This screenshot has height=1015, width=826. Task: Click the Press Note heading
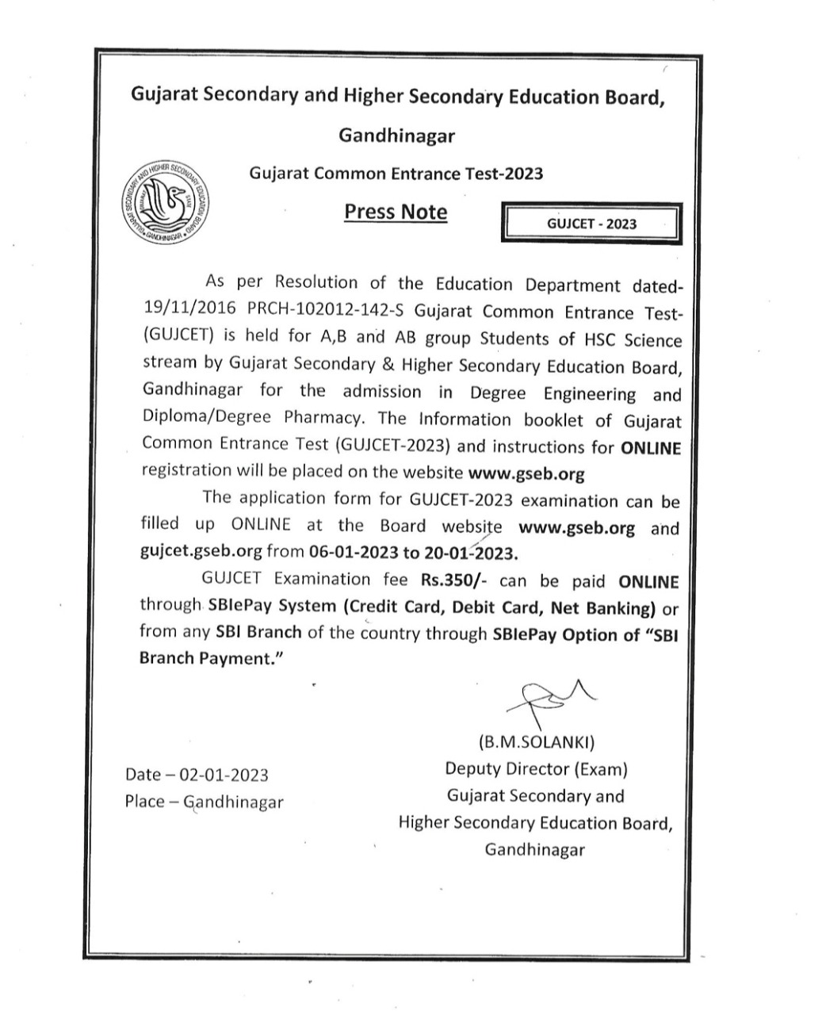[395, 213]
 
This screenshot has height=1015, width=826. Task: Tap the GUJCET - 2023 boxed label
[591, 224]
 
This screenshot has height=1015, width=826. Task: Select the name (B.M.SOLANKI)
[536, 743]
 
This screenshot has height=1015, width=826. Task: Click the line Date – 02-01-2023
[197, 775]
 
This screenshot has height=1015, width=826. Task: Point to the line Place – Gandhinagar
[204, 802]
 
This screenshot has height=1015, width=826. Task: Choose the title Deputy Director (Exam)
[536, 769]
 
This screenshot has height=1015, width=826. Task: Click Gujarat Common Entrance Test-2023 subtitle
[396, 173]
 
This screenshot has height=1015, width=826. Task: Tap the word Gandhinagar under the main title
[396, 136]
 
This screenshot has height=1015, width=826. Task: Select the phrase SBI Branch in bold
[258, 633]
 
